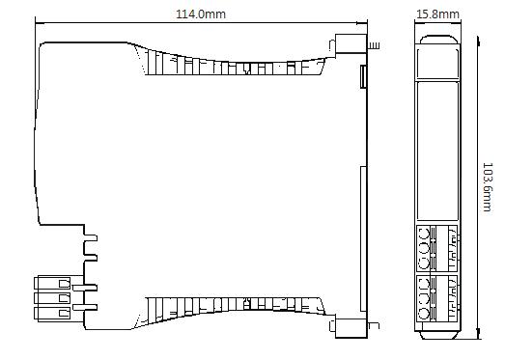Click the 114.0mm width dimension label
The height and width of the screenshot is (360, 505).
(x=201, y=14)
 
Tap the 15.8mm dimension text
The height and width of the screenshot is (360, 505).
(x=437, y=14)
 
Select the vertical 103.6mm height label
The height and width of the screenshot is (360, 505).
(x=488, y=187)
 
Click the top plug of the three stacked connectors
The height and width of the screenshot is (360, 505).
(x=52, y=283)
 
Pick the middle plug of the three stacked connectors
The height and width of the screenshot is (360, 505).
(x=52, y=298)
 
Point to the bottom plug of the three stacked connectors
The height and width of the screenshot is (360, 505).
(x=52, y=314)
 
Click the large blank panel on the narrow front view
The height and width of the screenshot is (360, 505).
(x=437, y=152)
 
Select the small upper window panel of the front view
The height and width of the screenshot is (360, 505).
(x=437, y=64)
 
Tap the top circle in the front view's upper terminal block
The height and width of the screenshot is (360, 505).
(x=423, y=234)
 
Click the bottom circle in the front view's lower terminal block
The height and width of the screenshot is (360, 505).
(x=423, y=314)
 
